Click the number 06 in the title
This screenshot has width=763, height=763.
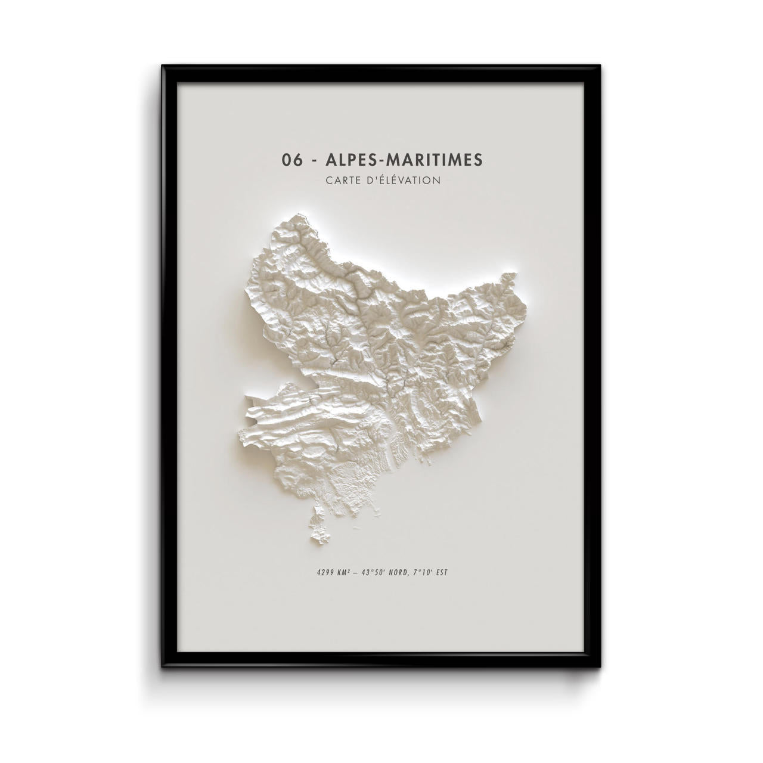click(291, 160)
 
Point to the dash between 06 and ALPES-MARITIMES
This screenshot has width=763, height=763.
click(315, 160)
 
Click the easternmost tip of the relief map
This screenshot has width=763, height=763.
click(516, 275)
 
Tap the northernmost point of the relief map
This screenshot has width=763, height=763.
click(298, 213)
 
